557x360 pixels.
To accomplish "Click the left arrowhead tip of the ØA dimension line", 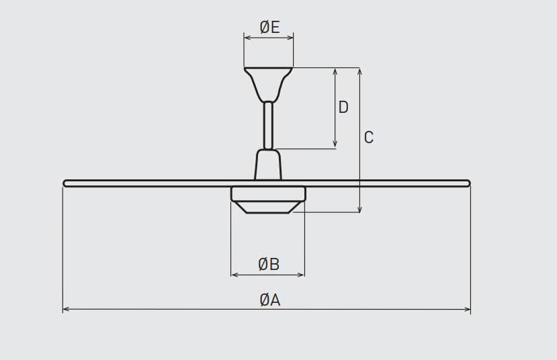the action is tap(63, 310).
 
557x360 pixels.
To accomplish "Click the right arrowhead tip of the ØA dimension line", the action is tap(470, 310).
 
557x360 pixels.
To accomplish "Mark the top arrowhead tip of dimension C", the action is tap(360, 68).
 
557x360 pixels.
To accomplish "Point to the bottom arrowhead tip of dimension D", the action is tap(335, 148).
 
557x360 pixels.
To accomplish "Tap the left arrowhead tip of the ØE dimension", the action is tap(245, 38).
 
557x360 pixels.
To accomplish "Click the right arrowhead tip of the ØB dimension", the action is tap(304, 275).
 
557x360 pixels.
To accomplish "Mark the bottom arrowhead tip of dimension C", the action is tap(360, 212).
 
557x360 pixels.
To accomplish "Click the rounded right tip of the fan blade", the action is tap(470, 183).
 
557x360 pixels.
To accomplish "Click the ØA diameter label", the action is tap(270, 300).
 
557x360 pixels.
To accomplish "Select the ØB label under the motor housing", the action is tap(269, 264).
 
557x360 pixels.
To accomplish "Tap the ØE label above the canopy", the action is tap(269, 28).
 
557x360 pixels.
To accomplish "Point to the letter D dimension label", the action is tap(343, 107).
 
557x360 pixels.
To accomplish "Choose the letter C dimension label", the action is tap(369, 138).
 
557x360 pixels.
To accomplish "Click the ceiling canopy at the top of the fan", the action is tap(268, 85).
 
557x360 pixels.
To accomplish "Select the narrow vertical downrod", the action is tap(268, 126).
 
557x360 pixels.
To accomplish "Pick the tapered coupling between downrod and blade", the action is tap(268, 165).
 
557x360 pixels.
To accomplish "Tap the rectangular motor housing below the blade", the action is tap(268, 194).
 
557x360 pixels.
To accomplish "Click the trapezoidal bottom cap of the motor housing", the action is tap(268, 208).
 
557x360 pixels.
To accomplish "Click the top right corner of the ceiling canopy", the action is tap(292, 68).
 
